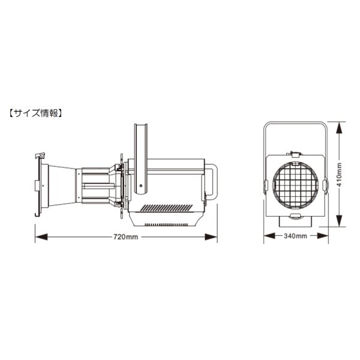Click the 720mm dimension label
pyautogui.click(x=125, y=237)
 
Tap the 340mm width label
pyautogui.click(x=295, y=236)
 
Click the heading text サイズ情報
pyautogui.click(x=36, y=113)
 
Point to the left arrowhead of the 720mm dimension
pyautogui.click(x=41, y=237)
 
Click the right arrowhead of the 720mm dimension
pyautogui.click(x=211, y=237)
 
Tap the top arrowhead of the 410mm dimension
pyautogui.click(x=339, y=127)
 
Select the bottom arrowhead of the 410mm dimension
pyautogui.click(x=339, y=221)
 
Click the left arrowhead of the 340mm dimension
pyautogui.click(x=269, y=236)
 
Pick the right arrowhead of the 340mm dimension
pyautogui.click(x=323, y=236)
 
